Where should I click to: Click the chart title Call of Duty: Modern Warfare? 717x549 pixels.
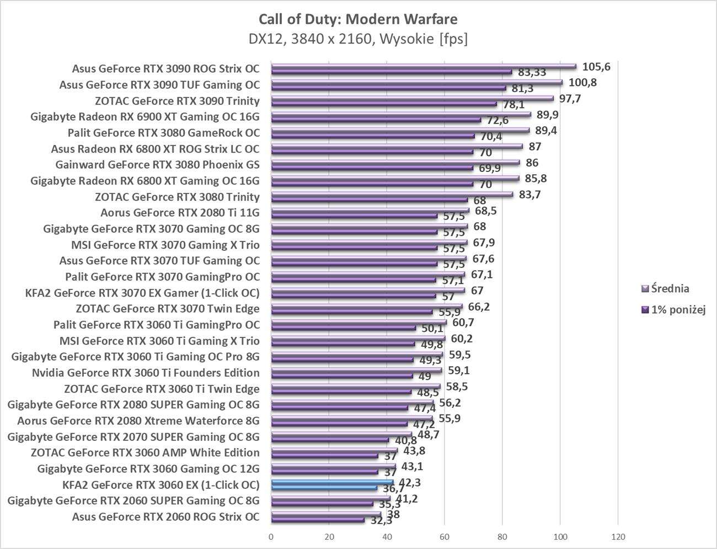tap(358, 19)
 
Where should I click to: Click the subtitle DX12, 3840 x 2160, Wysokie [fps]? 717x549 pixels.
tap(358, 39)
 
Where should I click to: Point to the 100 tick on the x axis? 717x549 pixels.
tap(560, 536)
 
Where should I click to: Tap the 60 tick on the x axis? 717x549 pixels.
tap(444, 536)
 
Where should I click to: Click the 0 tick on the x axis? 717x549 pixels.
tap(271, 536)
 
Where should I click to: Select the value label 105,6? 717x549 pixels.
tap(597, 67)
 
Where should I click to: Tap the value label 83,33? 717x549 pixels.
tap(532, 72)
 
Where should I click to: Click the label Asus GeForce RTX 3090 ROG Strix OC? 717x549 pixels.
tap(165, 69)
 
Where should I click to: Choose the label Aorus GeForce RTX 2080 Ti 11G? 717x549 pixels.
tap(180, 213)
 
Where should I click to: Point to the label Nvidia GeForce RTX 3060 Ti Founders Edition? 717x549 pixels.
tap(146, 373)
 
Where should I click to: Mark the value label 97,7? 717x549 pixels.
tap(570, 99)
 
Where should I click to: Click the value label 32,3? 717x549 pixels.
tap(382, 520)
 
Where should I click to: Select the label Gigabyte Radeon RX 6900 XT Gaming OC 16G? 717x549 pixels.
tap(145, 117)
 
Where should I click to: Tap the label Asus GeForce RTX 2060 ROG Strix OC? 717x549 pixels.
tap(165, 516)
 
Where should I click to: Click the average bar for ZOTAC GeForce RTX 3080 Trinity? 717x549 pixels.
tap(392, 194)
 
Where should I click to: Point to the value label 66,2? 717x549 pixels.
tap(478, 306)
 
